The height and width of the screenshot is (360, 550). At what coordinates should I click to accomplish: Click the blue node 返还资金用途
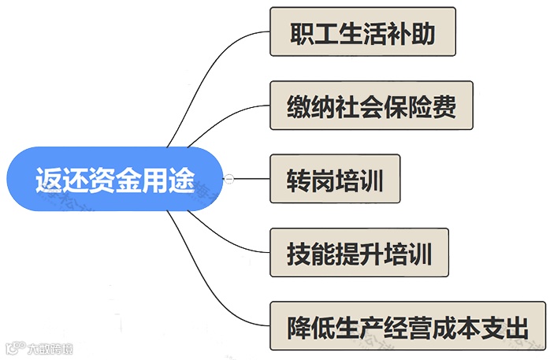coord(114,180)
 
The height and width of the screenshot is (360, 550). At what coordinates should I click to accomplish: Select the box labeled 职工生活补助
coord(362,32)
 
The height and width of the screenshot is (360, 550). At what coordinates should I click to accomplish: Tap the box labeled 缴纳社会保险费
coord(371,106)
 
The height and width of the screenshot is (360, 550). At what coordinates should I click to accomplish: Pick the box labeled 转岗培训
coord(335,180)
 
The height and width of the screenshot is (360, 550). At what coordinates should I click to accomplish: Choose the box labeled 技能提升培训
coord(359,253)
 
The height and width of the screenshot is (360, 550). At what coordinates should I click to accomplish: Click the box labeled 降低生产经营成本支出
coord(407,326)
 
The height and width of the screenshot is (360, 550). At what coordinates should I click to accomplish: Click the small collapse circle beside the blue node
coord(229,180)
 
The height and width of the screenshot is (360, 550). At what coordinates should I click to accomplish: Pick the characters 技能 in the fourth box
coord(307,254)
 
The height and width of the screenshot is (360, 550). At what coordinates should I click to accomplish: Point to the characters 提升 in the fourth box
coord(360,254)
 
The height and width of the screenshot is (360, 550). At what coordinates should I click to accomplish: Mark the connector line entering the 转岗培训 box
coord(252,180)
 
